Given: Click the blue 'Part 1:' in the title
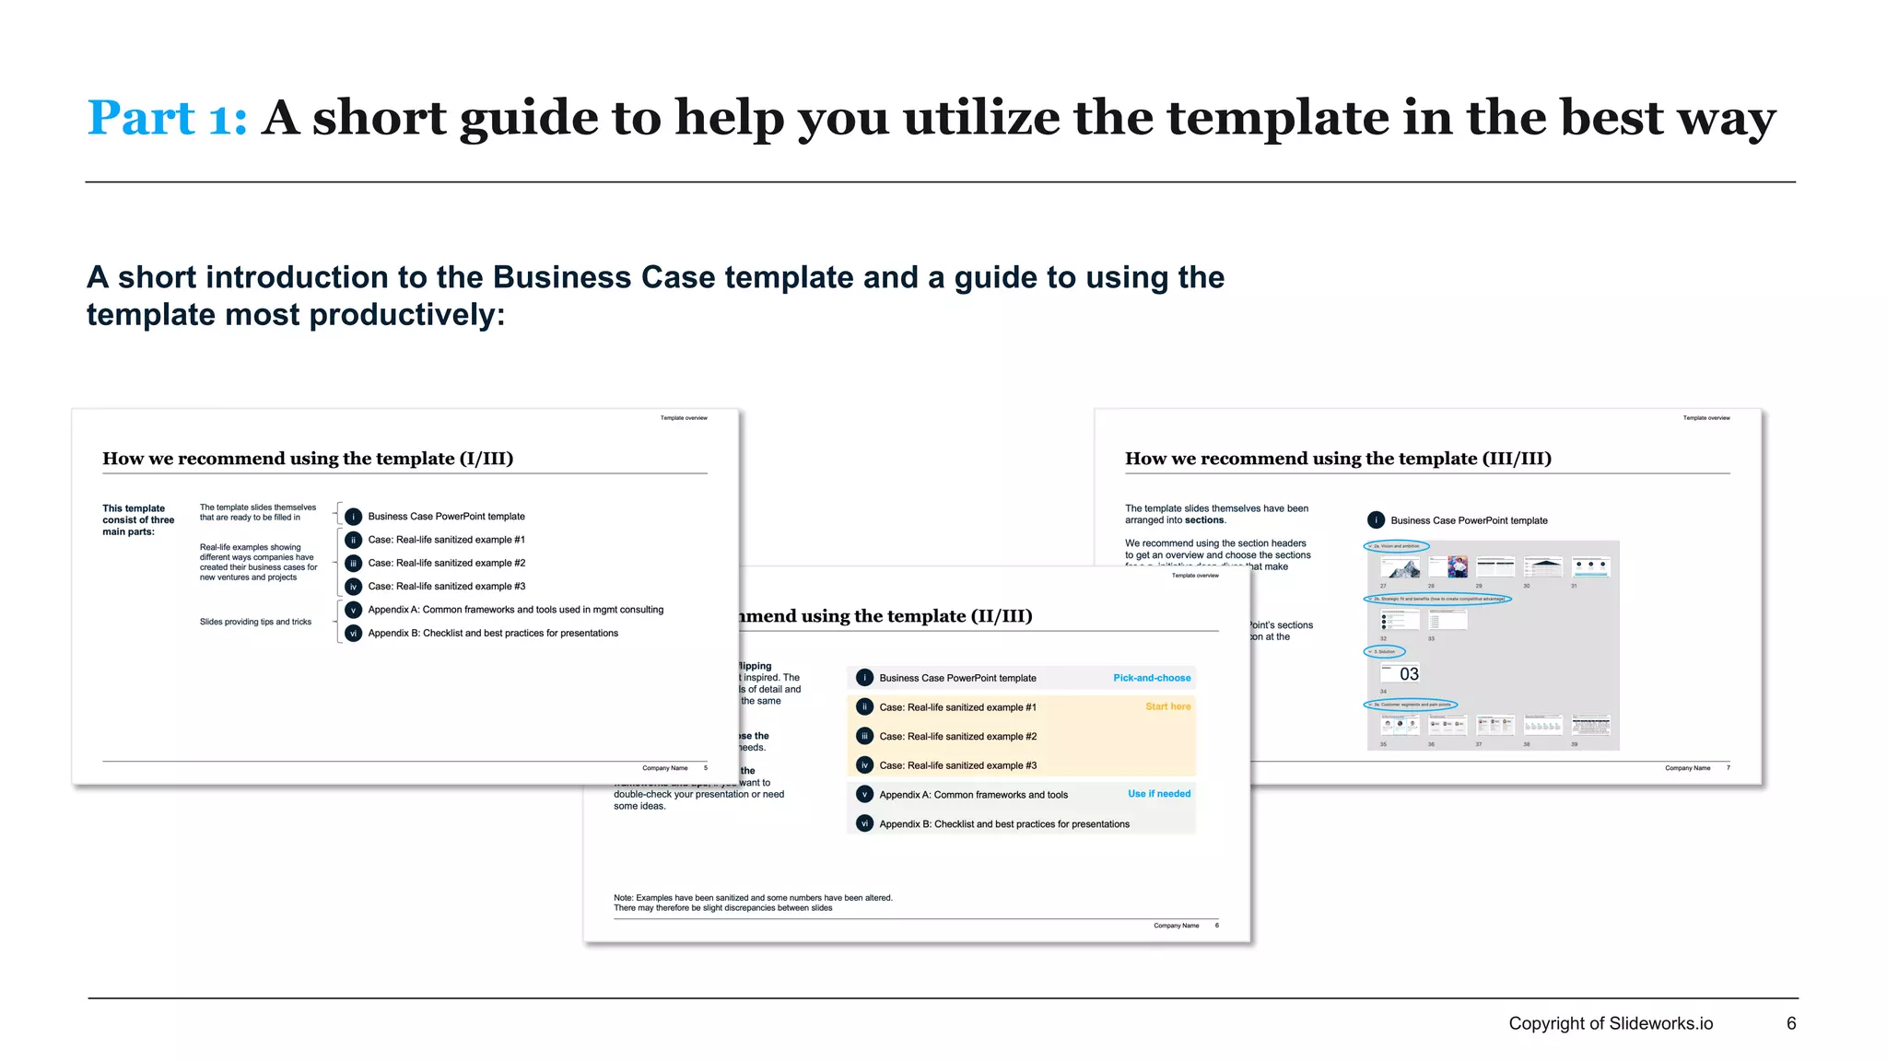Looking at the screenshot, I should pos(167,119).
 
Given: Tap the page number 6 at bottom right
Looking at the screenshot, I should pos(1790,1023).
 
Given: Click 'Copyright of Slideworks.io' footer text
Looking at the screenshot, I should pos(1610,1023).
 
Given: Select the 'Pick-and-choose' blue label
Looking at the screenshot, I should pos(1151,678).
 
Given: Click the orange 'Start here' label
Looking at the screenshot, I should pos(1167,706).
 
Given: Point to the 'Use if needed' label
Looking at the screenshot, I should pos(1158,794).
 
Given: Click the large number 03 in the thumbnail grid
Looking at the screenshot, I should pos(1409,674).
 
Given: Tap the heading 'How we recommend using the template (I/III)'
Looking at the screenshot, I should pos(308,459).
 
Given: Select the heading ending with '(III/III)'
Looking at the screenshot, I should pos(1338,459).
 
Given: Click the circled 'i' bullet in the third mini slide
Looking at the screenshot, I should pos(1376,520).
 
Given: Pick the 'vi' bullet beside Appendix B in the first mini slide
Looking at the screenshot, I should pos(353,634).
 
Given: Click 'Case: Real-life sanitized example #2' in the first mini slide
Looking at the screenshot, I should pos(446,563).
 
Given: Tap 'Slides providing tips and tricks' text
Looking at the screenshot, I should pos(255,622).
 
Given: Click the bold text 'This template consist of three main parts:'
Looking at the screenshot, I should pos(138,519).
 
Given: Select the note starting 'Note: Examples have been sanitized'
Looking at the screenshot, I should pos(753,903).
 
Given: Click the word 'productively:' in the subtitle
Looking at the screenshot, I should pos(407,315).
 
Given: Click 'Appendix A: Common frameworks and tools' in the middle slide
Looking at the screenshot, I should pos(973,795).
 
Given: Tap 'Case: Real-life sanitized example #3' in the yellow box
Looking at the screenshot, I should pos(957,765).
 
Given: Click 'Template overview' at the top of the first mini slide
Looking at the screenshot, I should pos(684,418).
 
